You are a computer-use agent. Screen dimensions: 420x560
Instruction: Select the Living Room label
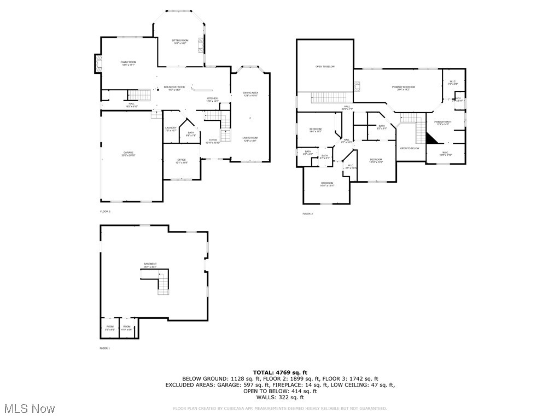[250, 139]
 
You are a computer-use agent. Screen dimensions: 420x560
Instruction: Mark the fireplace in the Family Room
[98, 64]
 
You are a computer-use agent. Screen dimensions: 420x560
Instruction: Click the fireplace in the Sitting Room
[201, 44]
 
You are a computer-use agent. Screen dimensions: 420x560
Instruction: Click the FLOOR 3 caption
[308, 214]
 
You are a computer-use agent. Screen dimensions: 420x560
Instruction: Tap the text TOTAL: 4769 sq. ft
[279, 372]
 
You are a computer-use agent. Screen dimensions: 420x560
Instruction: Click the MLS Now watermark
[29, 409]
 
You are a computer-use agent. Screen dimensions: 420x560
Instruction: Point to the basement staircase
[163, 282]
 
